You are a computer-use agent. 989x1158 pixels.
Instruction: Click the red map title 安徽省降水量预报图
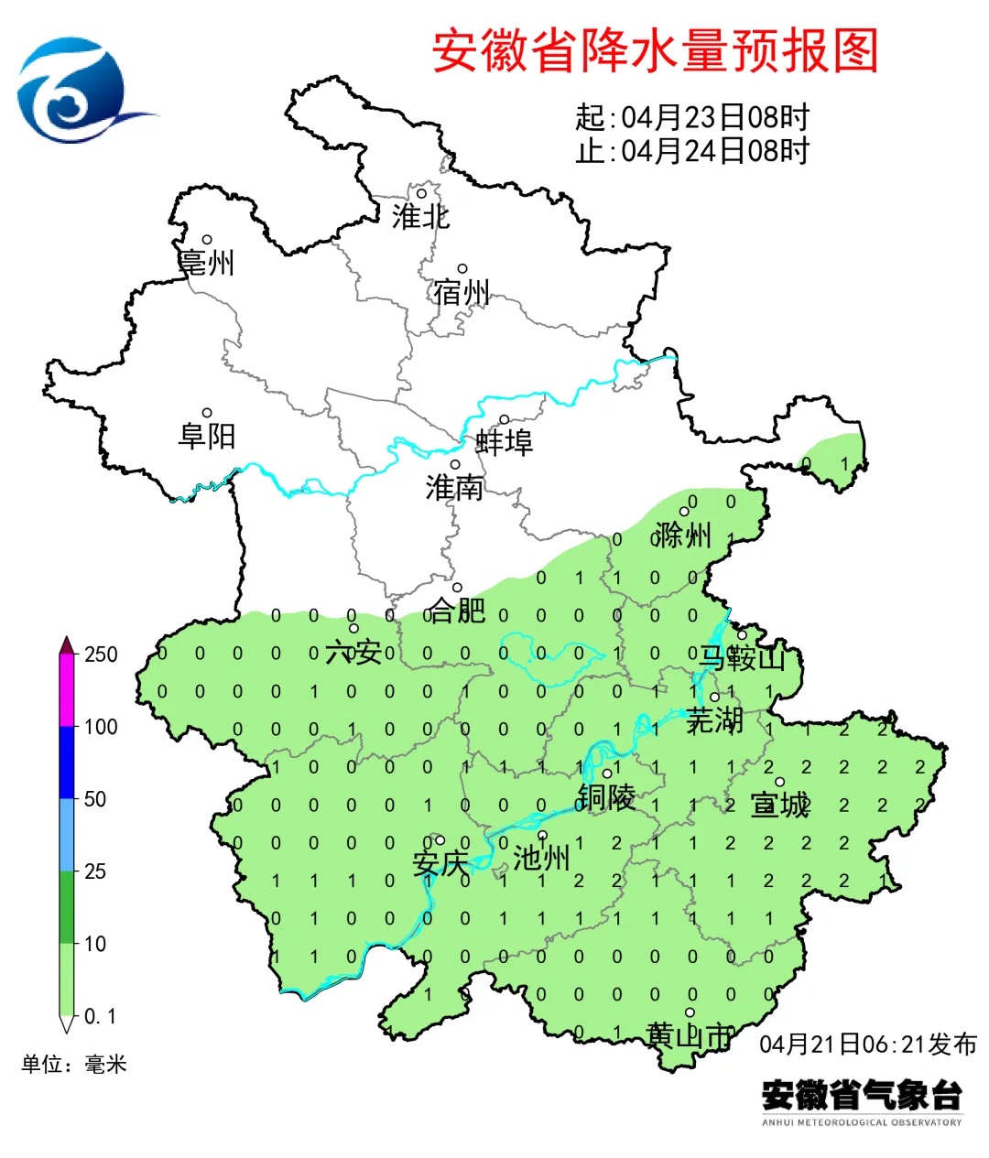(655, 50)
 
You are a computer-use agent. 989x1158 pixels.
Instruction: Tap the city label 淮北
(420, 217)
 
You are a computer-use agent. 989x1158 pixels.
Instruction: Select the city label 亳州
(207, 264)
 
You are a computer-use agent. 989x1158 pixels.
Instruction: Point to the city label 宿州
(462, 293)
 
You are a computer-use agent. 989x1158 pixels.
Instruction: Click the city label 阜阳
(207, 436)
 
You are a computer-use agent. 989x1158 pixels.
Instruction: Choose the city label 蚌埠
(504, 443)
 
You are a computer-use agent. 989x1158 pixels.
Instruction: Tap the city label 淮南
(454, 488)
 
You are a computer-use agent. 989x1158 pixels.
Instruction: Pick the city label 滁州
(683, 535)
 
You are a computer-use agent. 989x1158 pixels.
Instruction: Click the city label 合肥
(457, 610)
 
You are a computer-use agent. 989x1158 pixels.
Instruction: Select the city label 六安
(353, 652)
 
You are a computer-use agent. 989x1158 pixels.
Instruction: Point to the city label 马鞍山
(743, 657)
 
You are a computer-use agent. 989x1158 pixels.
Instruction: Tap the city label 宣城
(780, 805)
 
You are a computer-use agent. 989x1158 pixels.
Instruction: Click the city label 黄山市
(690, 1035)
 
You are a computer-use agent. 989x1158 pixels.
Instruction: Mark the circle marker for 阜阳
(207, 414)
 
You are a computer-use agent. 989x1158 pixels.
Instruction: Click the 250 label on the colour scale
(101, 655)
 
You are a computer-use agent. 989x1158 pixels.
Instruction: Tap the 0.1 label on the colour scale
(100, 1016)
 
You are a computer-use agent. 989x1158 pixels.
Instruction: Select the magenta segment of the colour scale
(67, 691)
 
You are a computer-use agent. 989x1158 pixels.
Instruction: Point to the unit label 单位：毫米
(74, 1064)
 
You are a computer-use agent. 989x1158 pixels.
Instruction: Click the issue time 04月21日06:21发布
(868, 1044)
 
